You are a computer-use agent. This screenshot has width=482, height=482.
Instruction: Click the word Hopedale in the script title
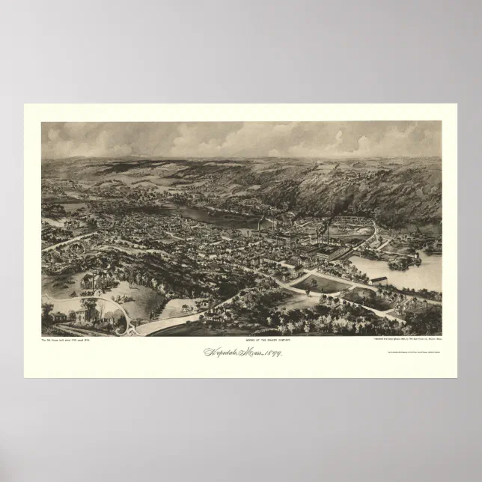pyautogui.click(x=218, y=352)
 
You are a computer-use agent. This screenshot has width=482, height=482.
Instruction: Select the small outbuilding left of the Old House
pyautogui.click(x=59, y=317)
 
